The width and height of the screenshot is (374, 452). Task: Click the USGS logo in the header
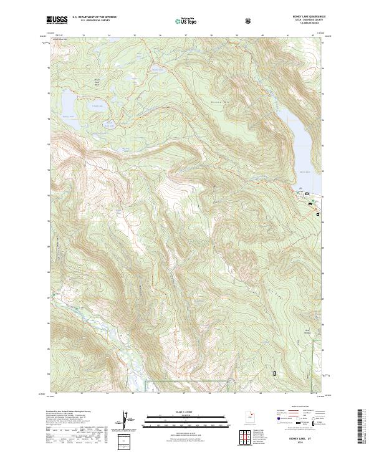click(x=57, y=21)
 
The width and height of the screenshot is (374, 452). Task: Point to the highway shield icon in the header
click(x=249, y=21)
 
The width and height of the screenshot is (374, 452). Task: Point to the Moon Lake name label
click(x=304, y=171)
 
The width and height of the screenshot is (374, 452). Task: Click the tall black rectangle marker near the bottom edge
click(x=274, y=372)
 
